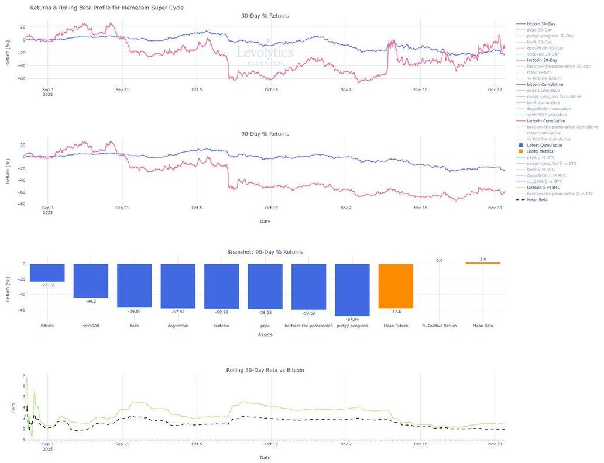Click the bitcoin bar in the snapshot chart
(47, 272)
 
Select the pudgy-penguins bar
(352, 289)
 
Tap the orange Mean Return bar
(396, 286)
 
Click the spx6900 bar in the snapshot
(91, 281)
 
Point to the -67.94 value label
(352, 320)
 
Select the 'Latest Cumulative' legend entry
(544, 145)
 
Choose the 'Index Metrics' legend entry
(540, 151)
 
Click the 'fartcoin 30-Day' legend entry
(543, 60)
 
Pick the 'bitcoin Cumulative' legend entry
(545, 84)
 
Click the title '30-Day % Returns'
(265, 16)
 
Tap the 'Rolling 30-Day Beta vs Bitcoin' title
(265, 370)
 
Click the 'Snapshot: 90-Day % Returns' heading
(265, 252)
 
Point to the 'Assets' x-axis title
(265, 334)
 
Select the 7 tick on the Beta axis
(24, 375)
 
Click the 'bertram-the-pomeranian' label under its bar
(308, 326)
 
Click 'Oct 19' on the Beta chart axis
(271, 444)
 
